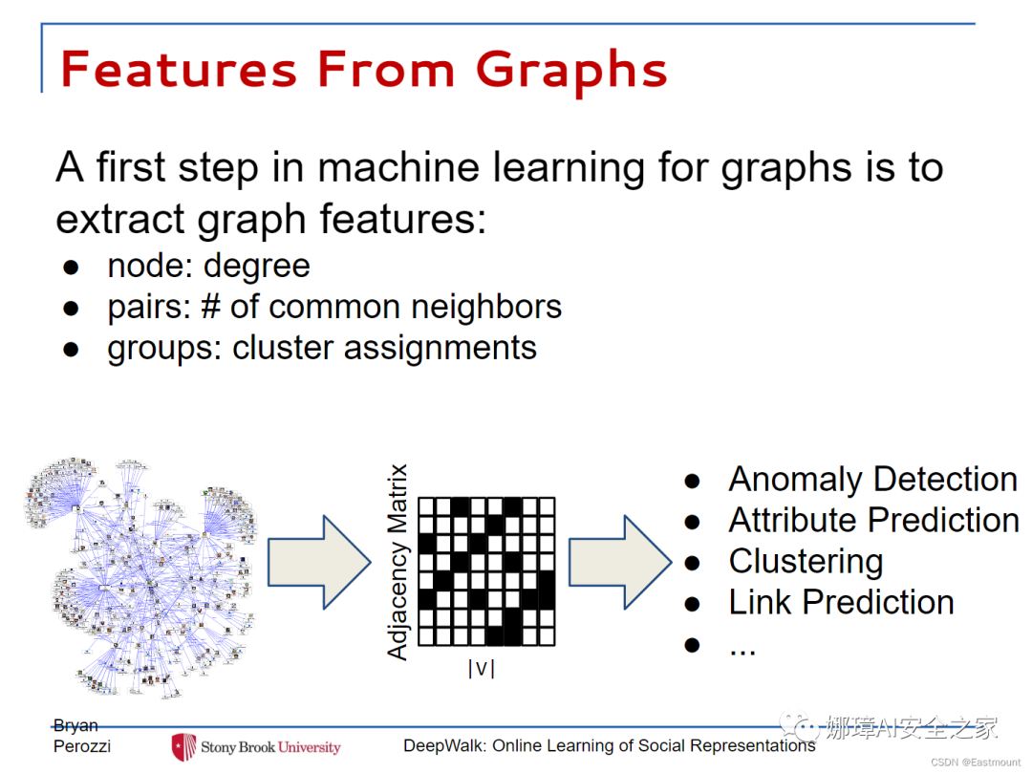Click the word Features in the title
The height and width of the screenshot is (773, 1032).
click(x=179, y=69)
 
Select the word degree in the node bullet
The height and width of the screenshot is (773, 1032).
click(x=256, y=268)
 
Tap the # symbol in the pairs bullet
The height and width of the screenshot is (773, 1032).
click(x=210, y=307)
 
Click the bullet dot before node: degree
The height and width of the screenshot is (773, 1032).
click(x=71, y=268)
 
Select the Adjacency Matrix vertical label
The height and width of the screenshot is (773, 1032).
click(x=398, y=562)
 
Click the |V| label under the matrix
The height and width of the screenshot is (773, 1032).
click(x=481, y=669)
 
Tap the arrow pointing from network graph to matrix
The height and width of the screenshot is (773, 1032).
click(x=319, y=563)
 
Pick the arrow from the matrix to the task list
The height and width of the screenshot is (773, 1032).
click(x=620, y=563)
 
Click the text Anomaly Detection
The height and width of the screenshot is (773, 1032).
click(x=873, y=481)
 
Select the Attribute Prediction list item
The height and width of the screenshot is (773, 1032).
click(x=874, y=521)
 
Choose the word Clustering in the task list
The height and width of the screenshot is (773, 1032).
click(x=806, y=563)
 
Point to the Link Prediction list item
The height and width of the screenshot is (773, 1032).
click(x=841, y=602)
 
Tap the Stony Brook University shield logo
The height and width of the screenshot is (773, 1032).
click(x=183, y=746)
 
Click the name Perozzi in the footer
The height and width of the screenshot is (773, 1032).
click(x=82, y=746)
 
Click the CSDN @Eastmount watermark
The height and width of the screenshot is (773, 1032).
click(x=976, y=762)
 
